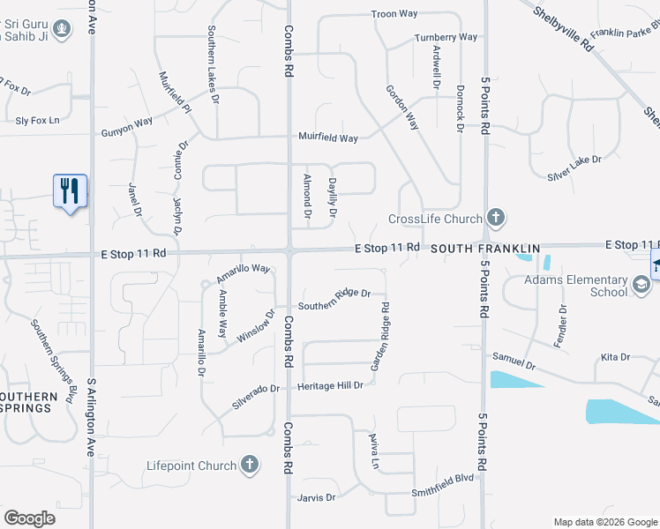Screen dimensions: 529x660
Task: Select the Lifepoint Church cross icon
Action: pos(250,466)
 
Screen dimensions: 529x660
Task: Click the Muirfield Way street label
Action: pos(327,138)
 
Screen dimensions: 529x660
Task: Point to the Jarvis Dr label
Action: pos(317,497)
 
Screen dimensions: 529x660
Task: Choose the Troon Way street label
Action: pos(394,14)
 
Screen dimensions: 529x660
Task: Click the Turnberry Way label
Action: pos(446,38)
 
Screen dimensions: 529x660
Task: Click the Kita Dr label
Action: pos(615,357)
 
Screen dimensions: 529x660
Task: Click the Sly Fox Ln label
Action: pos(36,120)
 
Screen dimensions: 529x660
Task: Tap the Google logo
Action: pos(29,518)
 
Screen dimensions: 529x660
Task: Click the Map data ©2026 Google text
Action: pos(604,522)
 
